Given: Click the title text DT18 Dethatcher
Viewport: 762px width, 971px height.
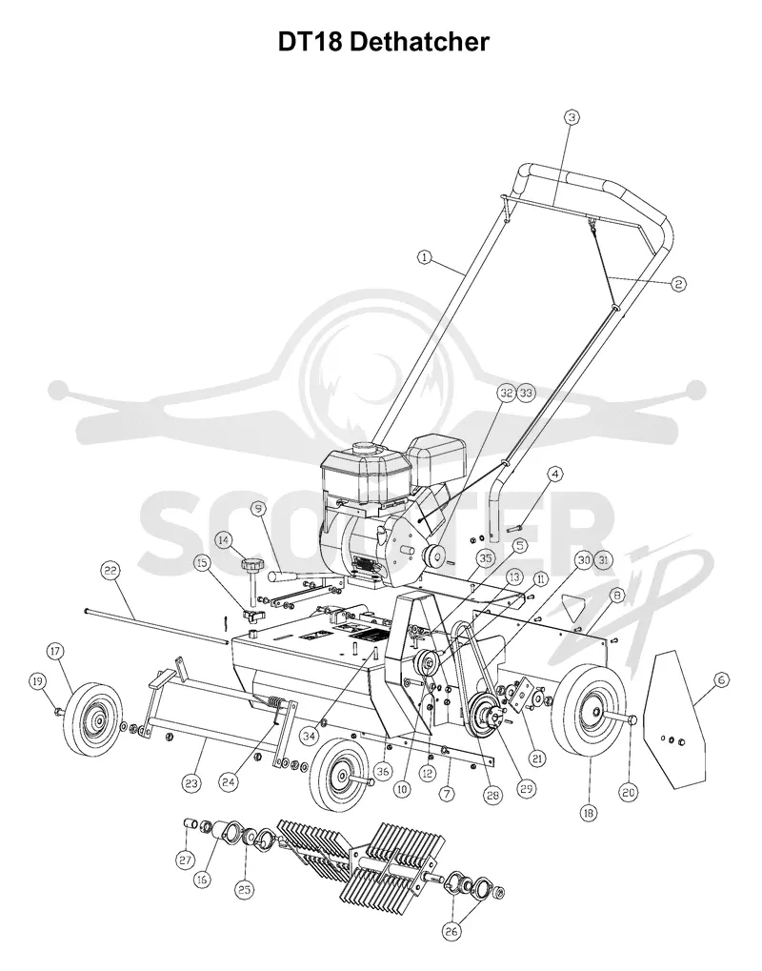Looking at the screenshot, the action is [x=384, y=42].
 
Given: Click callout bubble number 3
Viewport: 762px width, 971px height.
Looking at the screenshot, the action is [x=571, y=116].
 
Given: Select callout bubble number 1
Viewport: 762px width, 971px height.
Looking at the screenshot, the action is [x=424, y=257].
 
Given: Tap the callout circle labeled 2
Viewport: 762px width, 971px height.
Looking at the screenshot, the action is [x=678, y=284].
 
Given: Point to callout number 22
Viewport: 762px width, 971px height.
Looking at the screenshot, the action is [x=110, y=572].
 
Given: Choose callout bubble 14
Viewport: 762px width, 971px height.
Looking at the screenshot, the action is [x=223, y=540].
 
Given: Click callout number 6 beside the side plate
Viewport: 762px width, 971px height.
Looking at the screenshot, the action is [x=722, y=680].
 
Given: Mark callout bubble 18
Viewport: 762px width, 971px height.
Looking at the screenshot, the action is [x=589, y=813].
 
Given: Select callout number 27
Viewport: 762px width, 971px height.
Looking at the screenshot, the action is [x=186, y=860].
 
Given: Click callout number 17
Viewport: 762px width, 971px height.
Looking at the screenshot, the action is [x=55, y=651].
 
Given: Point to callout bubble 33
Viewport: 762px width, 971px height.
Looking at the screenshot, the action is [x=526, y=393].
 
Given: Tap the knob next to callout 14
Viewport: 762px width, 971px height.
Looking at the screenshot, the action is [x=252, y=565].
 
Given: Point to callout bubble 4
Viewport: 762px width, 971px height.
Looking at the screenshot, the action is [x=554, y=475].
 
